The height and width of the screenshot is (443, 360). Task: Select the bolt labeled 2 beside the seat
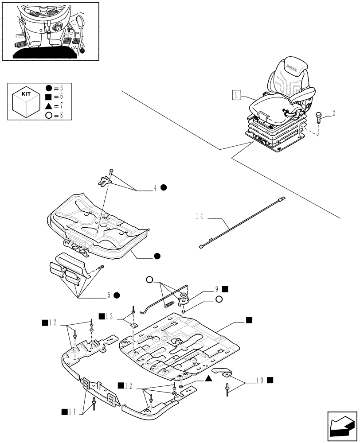(318, 118)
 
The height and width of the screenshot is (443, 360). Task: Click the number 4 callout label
(156, 187)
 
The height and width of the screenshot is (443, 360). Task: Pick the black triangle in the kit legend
(48, 106)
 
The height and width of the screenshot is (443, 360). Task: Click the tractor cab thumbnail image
(50, 31)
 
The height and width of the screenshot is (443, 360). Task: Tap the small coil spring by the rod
(168, 303)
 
